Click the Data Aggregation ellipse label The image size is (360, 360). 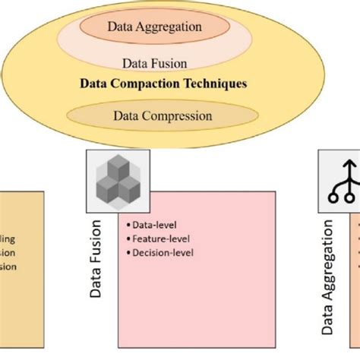pos(154,27)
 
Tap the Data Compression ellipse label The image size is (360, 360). pos(162,116)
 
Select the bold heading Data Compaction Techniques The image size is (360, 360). pos(163,84)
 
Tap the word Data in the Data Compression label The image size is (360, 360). pos(125,116)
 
